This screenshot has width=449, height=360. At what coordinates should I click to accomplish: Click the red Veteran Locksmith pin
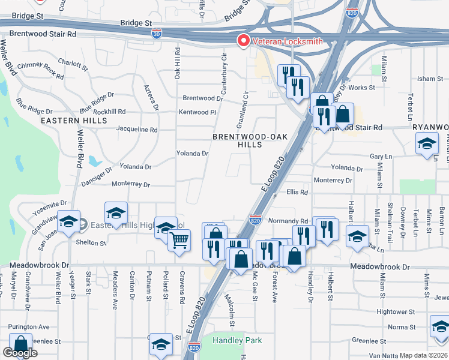(x=244, y=41)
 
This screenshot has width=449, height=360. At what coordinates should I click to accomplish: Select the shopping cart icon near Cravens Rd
(x=179, y=241)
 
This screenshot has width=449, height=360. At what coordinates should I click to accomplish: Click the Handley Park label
(x=238, y=340)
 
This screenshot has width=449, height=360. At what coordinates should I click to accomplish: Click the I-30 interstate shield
(x=157, y=33)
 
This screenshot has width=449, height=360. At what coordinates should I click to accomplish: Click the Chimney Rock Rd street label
(x=41, y=70)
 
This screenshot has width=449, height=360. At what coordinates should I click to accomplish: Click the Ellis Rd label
(x=297, y=193)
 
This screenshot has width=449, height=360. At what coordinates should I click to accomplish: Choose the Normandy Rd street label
(x=288, y=221)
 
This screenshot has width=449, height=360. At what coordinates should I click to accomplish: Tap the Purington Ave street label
(x=29, y=327)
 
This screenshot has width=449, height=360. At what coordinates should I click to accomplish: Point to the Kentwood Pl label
(x=196, y=112)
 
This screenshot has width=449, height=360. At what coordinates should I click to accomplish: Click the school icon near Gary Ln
(x=427, y=144)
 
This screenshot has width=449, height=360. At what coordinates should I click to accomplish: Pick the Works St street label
(x=362, y=88)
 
